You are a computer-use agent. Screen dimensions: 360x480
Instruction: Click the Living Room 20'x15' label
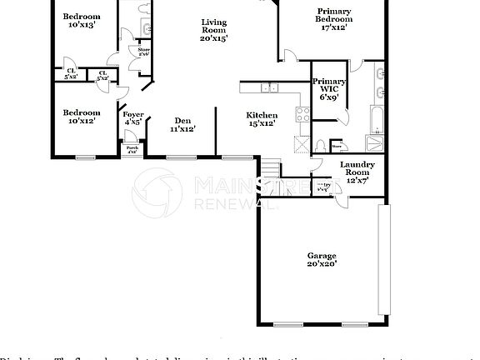(x=214, y=30)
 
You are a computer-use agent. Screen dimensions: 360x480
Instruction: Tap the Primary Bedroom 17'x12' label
(x=332, y=19)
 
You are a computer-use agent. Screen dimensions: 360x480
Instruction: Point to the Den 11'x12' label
(x=182, y=125)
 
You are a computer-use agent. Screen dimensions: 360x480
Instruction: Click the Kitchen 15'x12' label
(x=261, y=119)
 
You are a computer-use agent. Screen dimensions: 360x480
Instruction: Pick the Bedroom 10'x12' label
(x=82, y=117)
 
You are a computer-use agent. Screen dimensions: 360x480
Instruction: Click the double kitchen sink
(x=268, y=87)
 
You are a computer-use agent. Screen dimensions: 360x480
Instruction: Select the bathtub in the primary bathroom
(x=376, y=121)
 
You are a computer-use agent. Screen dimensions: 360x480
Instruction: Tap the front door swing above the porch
(x=142, y=133)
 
